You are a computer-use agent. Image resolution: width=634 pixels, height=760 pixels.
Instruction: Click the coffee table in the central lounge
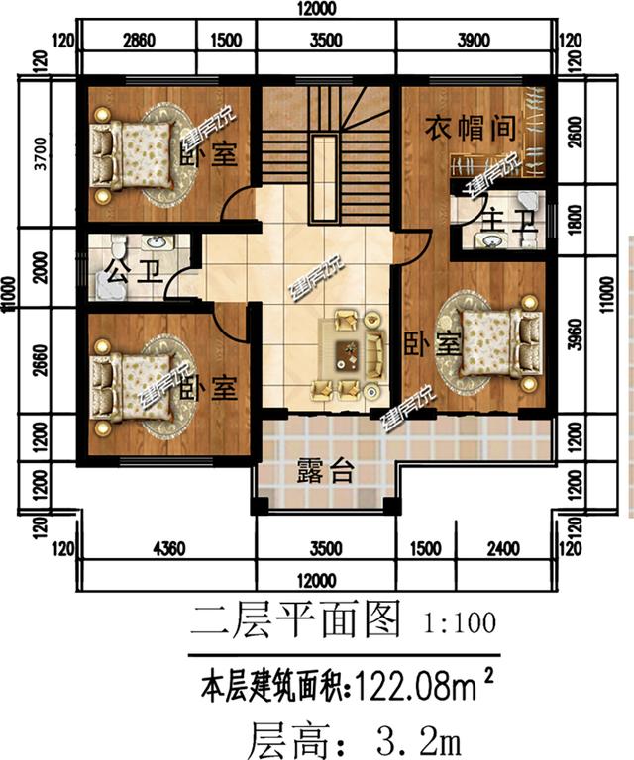pos(347,352)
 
